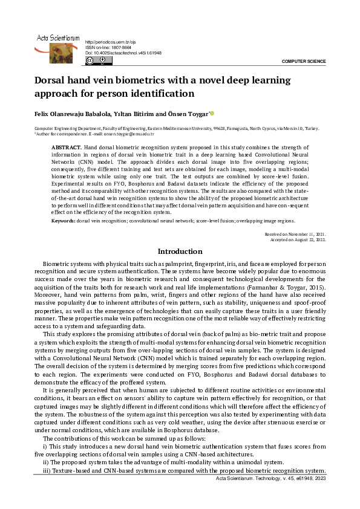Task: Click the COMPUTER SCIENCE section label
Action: [x=304, y=62]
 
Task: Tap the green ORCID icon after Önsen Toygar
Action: [x=212, y=113]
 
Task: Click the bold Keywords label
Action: [x=64, y=221]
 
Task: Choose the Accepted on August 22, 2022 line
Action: [x=298, y=239]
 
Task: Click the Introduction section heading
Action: [x=180, y=251]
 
